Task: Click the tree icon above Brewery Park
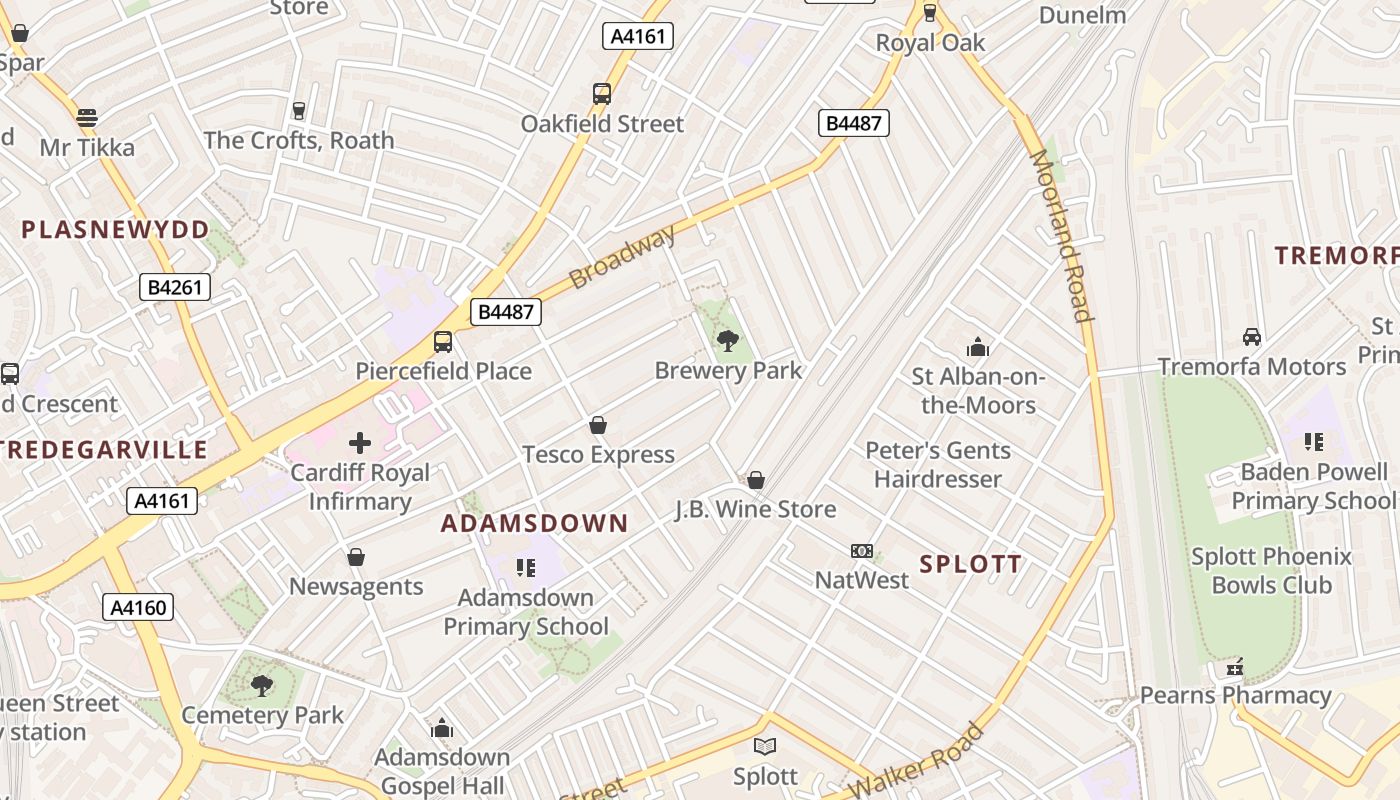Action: tap(728, 341)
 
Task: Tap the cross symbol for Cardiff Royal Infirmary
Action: tap(360, 443)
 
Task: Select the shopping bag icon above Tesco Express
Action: tap(598, 426)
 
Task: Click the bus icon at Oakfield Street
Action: tap(601, 94)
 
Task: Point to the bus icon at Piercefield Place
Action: tap(443, 342)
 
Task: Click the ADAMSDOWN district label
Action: tap(535, 523)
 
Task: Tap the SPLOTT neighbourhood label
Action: tap(970, 564)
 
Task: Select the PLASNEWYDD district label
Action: tap(116, 230)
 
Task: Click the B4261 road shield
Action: tap(175, 288)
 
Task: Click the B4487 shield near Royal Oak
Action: tap(853, 123)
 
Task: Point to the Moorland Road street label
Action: tap(1060, 236)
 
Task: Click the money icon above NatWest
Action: tap(862, 551)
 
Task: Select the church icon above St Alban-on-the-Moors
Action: tap(978, 348)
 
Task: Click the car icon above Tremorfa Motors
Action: tap(1251, 337)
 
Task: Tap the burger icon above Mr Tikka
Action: tap(87, 117)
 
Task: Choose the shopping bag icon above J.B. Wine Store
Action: tap(756, 481)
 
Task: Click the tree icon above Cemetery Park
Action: tap(262, 686)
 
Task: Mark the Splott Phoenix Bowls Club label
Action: tap(1271, 570)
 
